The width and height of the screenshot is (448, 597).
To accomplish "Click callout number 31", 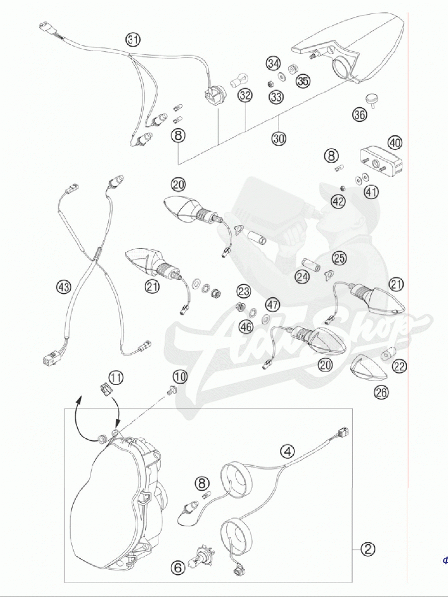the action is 133,40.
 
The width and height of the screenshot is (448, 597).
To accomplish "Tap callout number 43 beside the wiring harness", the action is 64,287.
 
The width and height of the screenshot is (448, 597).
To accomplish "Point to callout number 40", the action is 395,142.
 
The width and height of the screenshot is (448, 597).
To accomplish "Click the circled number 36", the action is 359,114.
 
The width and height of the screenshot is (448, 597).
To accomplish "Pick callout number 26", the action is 381,392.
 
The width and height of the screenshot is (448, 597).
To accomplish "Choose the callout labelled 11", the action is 116,378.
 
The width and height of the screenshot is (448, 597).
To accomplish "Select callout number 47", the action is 272,304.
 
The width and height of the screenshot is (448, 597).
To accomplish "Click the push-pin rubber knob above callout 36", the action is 371,99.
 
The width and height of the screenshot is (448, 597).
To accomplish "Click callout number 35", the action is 303,81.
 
